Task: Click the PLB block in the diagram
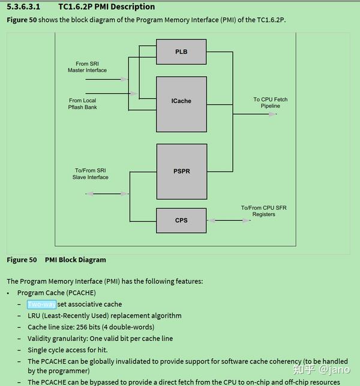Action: [x=181, y=52]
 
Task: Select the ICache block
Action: [x=181, y=101]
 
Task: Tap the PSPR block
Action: [x=181, y=171]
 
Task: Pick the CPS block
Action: [x=181, y=220]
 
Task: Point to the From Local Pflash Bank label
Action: [x=83, y=104]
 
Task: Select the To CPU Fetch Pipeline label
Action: [x=270, y=103]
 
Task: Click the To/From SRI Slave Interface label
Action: [x=91, y=174]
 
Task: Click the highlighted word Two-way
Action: [x=41, y=304]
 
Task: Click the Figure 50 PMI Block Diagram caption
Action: [x=56, y=260]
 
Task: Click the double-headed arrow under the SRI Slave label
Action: [x=107, y=193]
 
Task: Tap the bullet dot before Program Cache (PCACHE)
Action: [x=8, y=293]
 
